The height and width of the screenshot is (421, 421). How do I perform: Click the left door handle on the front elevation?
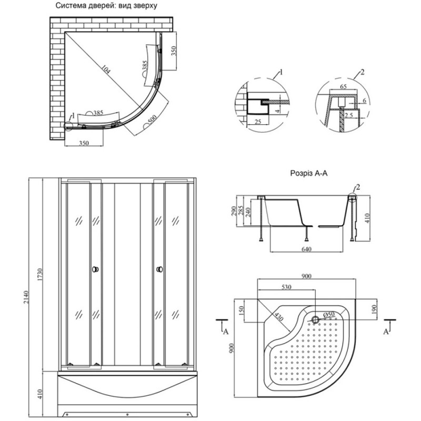click(95, 269)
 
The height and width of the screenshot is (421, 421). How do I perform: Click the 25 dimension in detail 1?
click(257, 122)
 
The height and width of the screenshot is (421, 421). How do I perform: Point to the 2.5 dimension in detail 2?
click(348, 115)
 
